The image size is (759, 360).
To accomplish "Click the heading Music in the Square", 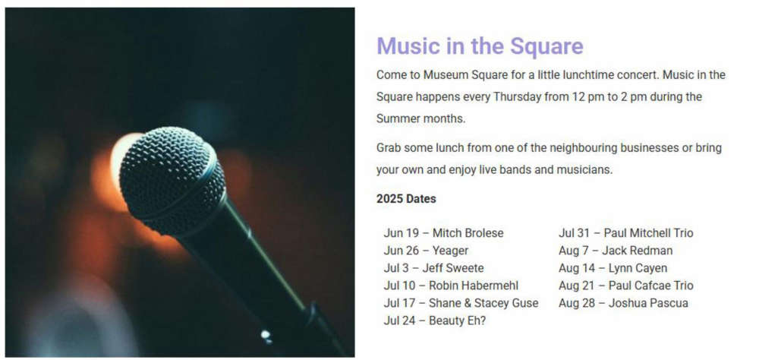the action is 480,46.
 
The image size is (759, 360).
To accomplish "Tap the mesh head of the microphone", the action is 172,179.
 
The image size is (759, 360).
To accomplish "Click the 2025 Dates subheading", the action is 406,199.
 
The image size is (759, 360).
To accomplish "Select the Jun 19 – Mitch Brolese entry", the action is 443,233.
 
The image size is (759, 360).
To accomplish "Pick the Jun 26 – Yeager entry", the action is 426,251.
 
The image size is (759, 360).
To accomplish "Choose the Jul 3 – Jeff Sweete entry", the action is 433,268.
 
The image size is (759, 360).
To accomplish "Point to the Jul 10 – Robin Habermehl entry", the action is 451,286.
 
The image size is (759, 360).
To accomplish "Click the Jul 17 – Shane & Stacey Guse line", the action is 461,303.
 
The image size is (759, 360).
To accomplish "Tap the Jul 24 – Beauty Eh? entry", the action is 435,321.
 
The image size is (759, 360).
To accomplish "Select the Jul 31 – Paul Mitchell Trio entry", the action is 626,233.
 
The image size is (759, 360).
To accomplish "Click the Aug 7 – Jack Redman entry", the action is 616,251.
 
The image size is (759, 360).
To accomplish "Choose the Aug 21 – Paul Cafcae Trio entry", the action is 626,286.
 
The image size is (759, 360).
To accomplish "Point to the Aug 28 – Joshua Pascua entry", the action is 623,303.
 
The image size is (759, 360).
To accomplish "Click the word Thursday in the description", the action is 518,97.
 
